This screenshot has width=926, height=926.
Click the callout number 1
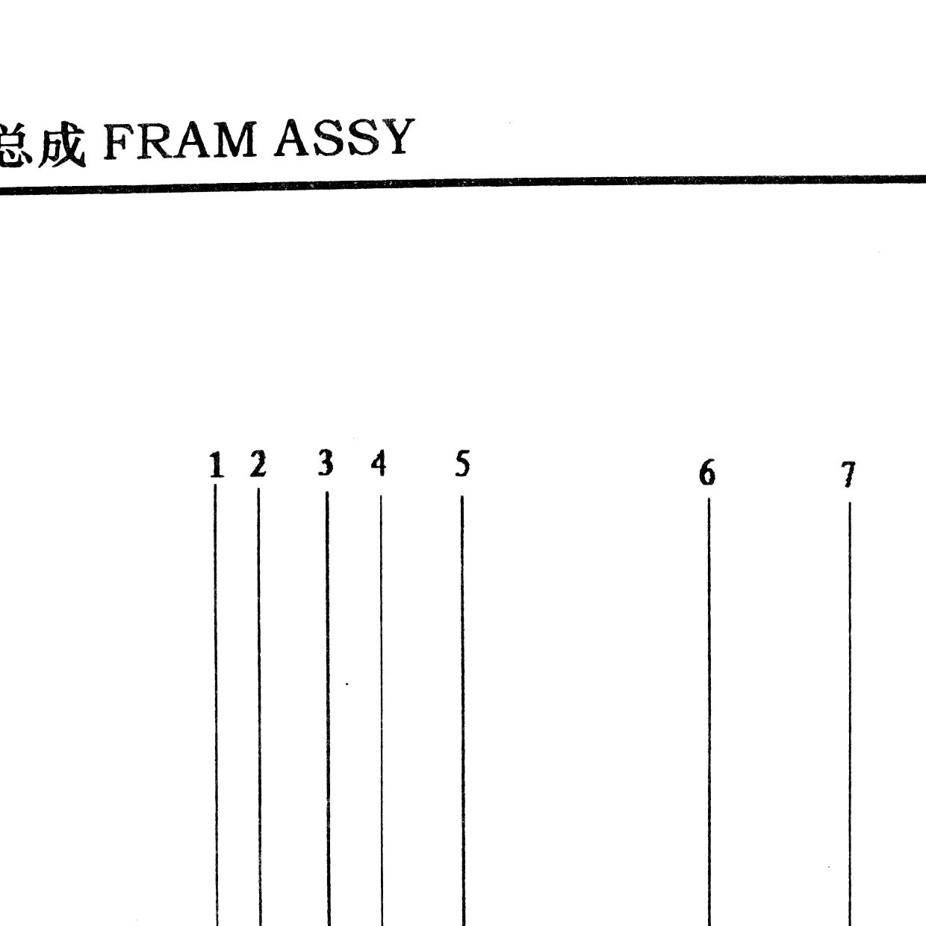tap(217, 464)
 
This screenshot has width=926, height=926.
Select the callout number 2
tap(258, 464)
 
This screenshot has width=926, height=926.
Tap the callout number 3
tap(326, 463)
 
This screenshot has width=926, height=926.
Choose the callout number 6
tap(707, 473)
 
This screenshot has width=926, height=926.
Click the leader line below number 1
tap(217, 705)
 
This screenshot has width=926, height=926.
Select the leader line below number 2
tap(259, 707)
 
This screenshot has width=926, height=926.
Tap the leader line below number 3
tap(329, 709)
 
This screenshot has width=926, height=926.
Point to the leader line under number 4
tap(382, 711)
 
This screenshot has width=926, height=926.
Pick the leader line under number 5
tap(463, 711)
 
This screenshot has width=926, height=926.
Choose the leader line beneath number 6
tap(709, 712)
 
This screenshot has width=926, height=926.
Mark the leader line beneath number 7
tap(850, 714)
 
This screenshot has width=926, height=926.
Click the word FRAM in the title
tap(180, 141)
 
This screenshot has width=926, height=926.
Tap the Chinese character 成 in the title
tap(62, 143)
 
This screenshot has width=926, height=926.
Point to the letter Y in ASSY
tap(396, 136)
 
